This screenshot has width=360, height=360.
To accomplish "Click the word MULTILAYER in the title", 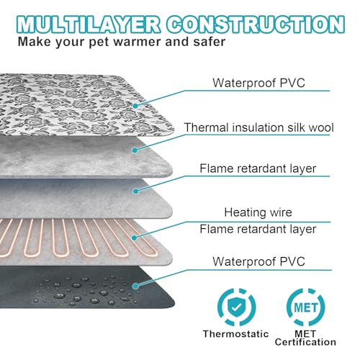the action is pos(88,24).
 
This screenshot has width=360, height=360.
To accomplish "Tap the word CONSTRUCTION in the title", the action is pos(256,24).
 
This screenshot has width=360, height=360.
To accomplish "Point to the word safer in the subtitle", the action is pos(210,42).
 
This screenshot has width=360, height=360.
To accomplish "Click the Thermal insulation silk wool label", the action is pos(258,127).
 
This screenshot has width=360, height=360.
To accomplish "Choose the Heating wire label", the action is pos(258,212).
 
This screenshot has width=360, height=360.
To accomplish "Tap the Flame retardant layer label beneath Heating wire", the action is pos(258,229).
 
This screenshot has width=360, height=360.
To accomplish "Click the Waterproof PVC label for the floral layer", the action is pos(258,83).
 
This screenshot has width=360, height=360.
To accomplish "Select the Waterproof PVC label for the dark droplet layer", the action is pos(258,261).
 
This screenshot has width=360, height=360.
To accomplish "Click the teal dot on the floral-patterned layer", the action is pos(135,106).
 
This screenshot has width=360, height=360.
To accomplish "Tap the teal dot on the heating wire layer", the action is pos(135,238).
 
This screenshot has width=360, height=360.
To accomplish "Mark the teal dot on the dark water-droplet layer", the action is pos(135,286).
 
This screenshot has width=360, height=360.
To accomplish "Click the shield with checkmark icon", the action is pos(236,307).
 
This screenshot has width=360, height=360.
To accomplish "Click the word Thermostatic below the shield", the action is pos(235,334).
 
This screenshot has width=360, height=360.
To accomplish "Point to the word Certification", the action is pos(305,342).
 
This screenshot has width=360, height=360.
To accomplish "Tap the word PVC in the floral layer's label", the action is pos(292,83).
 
